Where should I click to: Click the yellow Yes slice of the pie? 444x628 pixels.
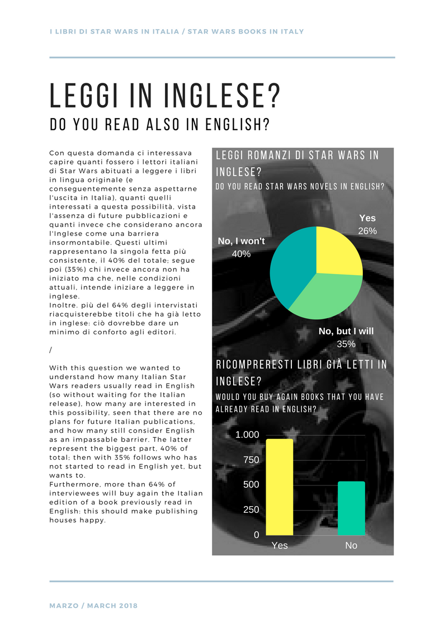pyautogui.click(x=338, y=252)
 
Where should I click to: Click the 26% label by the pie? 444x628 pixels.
pyautogui.click(x=367, y=231)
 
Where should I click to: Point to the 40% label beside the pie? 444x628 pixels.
pyautogui.click(x=241, y=253)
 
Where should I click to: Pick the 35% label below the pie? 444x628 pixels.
pyautogui.click(x=346, y=344)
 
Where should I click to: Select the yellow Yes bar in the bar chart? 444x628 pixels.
pyautogui.click(x=280, y=487)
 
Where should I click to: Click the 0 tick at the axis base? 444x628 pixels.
pyautogui.click(x=257, y=535)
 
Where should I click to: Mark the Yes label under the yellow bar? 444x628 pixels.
pyautogui.click(x=280, y=545)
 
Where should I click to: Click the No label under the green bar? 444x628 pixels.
pyautogui.click(x=351, y=545)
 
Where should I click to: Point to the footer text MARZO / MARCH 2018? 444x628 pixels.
pyautogui.click(x=93, y=606)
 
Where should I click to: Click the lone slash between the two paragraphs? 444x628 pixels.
pyautogui.click(x=51, y=350)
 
